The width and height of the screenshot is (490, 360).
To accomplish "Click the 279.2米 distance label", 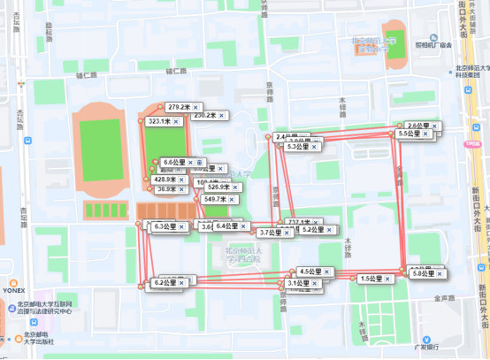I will [180, 107].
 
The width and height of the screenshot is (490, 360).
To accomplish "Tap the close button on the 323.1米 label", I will [176, 120].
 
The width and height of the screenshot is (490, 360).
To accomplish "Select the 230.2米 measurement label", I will [205, 115].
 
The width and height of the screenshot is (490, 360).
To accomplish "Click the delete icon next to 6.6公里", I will [199, 163].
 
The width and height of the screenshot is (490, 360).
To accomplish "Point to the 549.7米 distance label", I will [216, 199].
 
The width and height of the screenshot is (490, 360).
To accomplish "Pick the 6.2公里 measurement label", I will [165, 283].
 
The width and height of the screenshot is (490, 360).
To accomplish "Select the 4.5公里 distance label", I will [310, 272].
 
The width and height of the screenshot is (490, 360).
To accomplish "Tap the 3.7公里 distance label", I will [271, 233].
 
